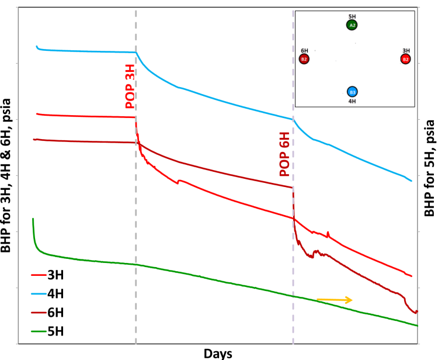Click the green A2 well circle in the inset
(352, 25)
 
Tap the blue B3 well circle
(352, 92)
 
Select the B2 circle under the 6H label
(304, 59)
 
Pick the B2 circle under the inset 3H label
(405, 59)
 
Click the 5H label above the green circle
(352, 16)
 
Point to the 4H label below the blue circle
(352, 101)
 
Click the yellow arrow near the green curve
(335, 300)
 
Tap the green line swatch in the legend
(37, 332)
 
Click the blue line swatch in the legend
(37, 292)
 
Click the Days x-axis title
(219, 353)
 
